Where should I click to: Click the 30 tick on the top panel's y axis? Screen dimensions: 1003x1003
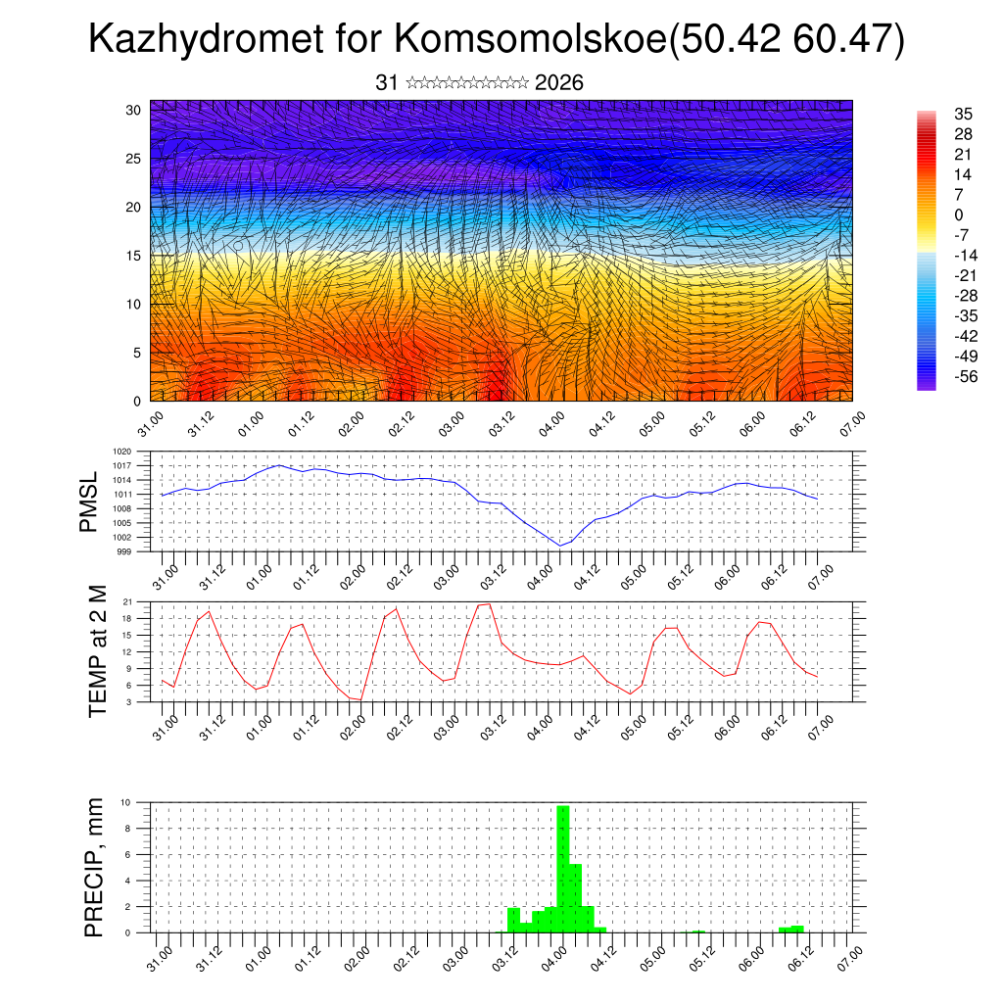tap(133, 110)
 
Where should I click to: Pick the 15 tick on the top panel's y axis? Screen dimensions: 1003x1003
tap(133, 256)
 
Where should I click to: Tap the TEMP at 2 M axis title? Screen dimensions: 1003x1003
tap(96, 650)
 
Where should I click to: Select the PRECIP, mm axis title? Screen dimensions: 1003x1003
tap(94, 866)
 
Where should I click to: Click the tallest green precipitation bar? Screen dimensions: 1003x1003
tap(562, 867)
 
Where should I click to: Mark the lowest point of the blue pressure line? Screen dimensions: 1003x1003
tap(559, 546)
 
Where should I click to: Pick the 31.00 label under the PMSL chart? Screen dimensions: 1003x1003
tap(163, 573)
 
